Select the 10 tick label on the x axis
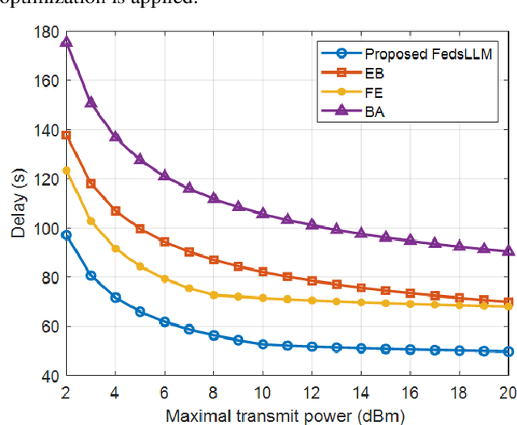(x=263, y=393)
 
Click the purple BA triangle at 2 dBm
(x=66, y=41)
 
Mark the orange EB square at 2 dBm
(x=66, y=135)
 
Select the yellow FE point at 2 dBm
(x=66, y=170)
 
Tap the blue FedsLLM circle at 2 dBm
(x=66, y=235)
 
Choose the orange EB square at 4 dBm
(x=116, y=211)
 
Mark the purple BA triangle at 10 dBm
(x=263, y=212)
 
